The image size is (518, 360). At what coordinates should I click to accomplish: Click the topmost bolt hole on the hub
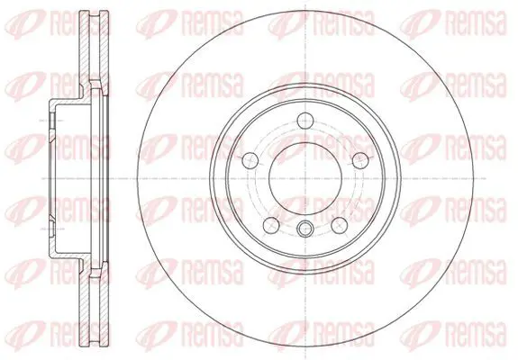305,121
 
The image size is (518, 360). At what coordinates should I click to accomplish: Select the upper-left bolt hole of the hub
250,160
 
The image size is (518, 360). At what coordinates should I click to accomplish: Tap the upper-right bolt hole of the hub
360,160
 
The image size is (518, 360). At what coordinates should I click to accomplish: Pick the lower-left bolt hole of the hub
271,225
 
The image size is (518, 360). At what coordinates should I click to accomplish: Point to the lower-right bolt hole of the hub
340,225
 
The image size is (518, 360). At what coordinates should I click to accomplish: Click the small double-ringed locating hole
305,229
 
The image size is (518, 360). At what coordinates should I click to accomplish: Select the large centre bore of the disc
305,178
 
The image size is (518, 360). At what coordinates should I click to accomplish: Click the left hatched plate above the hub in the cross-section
85,53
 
